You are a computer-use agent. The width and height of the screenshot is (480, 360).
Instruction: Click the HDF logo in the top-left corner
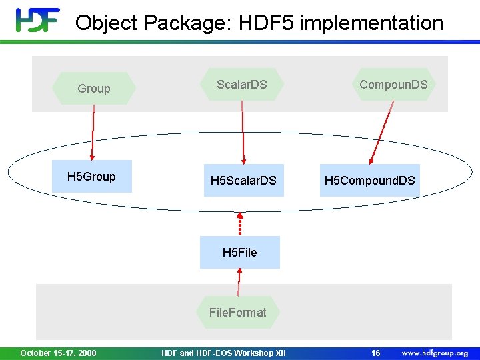point(37,21)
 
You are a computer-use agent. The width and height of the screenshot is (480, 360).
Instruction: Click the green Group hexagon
point(94,88)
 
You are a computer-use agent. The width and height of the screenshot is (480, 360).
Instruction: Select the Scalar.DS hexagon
point(242,85)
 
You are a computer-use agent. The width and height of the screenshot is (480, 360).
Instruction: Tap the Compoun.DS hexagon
point(393,85)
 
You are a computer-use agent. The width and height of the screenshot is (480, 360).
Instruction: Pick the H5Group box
point(92,177)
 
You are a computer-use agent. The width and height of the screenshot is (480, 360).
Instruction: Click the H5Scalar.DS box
point(243,181)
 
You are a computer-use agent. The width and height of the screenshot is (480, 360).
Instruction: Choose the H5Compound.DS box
point(370,181)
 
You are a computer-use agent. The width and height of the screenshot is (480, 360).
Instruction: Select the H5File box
point(239,252)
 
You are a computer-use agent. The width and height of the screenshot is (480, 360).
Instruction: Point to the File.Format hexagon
point(237,312)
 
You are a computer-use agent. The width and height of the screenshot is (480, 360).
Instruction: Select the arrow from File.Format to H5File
point(238,283)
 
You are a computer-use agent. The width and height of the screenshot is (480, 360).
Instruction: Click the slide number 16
point(376,353)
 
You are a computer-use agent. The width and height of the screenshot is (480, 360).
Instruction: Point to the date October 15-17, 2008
point(58,353)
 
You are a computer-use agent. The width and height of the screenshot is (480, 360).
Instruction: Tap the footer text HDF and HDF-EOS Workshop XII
point(223,353)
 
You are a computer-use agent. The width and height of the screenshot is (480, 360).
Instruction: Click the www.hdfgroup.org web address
point(435,353)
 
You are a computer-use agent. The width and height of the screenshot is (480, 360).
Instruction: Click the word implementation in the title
point(371,23)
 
